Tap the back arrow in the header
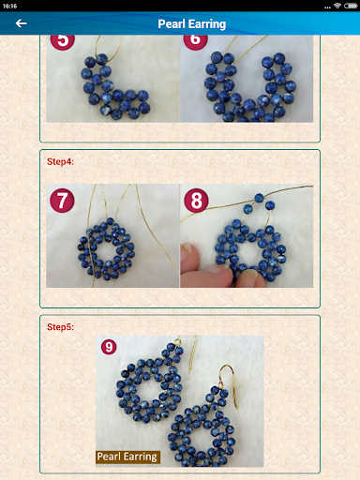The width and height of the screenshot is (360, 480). click(21, 23)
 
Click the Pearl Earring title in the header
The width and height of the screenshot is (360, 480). click(191, 24)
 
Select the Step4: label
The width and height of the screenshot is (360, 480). click(60, 161)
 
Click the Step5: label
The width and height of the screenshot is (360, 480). click(60, 327)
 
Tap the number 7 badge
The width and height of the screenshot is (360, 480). click(62, 201)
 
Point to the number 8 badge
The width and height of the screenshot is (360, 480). click(196, 201)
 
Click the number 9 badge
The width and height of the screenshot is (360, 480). click(109, 347)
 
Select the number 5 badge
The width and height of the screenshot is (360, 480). click(63, 40)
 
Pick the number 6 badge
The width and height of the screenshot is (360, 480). click(196, 40)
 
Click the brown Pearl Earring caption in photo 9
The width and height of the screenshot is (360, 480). click(127, 457)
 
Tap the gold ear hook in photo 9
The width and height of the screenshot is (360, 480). click(229, 384)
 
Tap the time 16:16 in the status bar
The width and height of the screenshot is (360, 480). click(9, 6)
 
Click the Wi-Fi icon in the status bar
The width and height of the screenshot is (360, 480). click(337, 6)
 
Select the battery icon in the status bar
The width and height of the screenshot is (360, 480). click(351, 6)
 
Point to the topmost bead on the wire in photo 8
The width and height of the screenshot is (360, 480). click(259, 198)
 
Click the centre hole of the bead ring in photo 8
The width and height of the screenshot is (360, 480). click(250, 251)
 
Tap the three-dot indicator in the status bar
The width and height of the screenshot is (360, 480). click(327, 7)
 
